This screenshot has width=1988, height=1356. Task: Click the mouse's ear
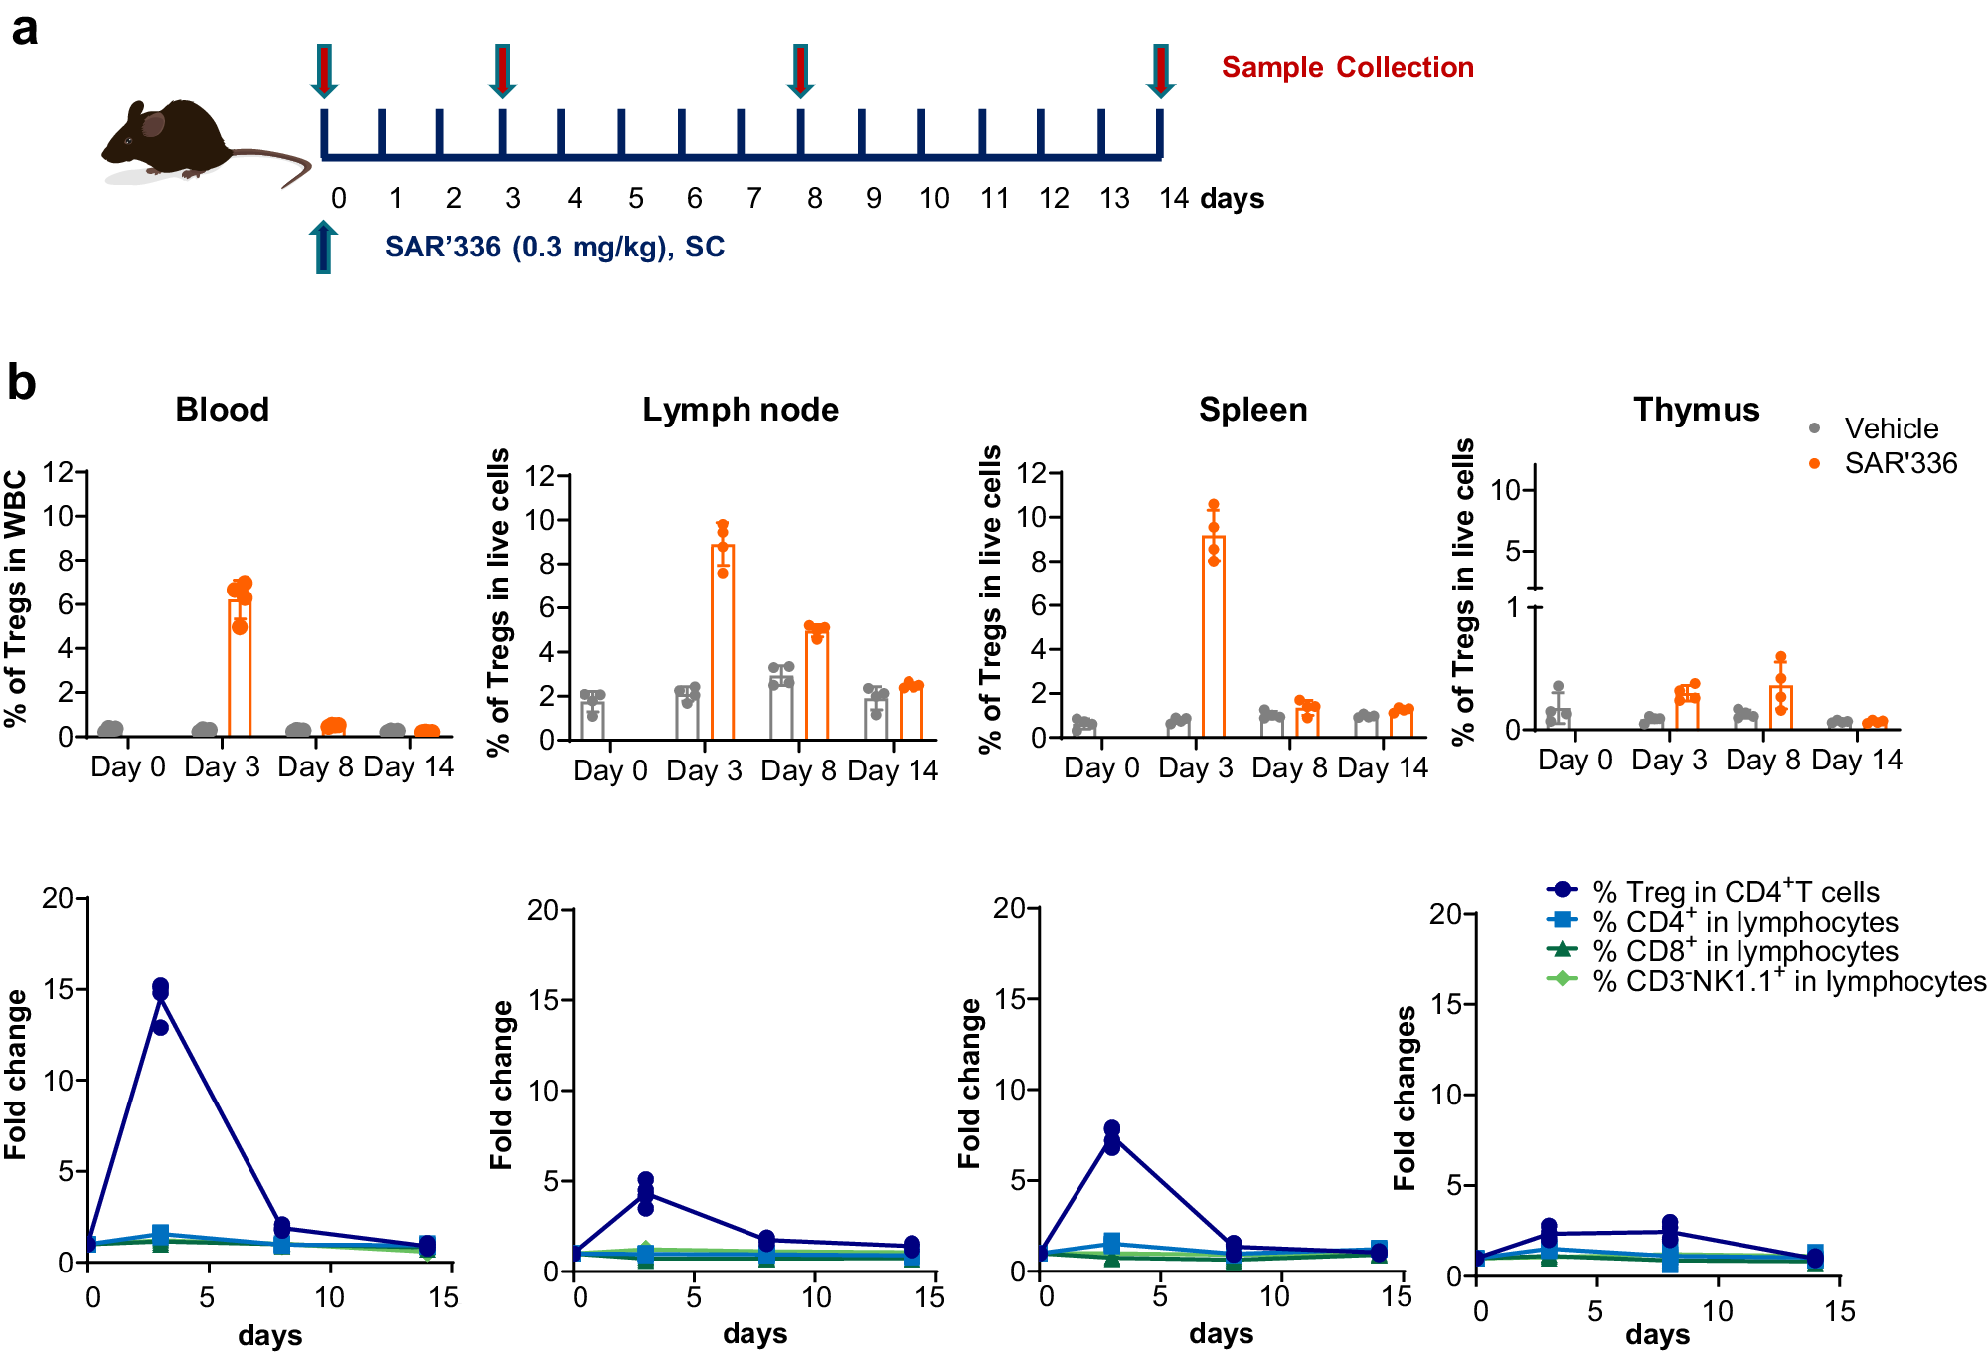pyautogui.click(x=152, y=124)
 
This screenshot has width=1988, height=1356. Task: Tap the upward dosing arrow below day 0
pyautogui.click(x=323, y=247)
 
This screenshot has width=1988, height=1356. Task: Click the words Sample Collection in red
pyautogui.click(x=1347, y=67)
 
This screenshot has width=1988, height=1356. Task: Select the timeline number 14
pyautogui.click(x=1174, y=198)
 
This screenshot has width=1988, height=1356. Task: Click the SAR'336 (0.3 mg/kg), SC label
pyautogui.click(x=554, y=247)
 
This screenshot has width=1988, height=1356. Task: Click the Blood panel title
pyautogui.click(x=222, y=409)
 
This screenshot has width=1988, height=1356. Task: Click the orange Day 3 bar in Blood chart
pyautogui.click(x=239, y=666)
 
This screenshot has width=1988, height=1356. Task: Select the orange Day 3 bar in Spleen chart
pyautogui.click(x=1213, y=636)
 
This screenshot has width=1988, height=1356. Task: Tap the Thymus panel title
pyautogui.click(x=1696, y=409)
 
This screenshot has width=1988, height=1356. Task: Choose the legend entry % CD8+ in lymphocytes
pyautogui.click(x=1744, y=951)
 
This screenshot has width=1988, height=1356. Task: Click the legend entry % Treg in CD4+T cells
pyautogui.click(x=1735, y=892)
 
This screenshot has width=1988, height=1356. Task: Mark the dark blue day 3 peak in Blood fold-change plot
pyautogui.click(x=160, y=989)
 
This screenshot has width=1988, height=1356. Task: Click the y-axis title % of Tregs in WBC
pyautogui.click(x=15, y=598)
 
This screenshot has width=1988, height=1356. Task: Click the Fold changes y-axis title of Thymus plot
pyautogui.click(x=1404, y=1098)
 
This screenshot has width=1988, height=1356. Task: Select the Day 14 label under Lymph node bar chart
pyautogui.click(x=892, y=770)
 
